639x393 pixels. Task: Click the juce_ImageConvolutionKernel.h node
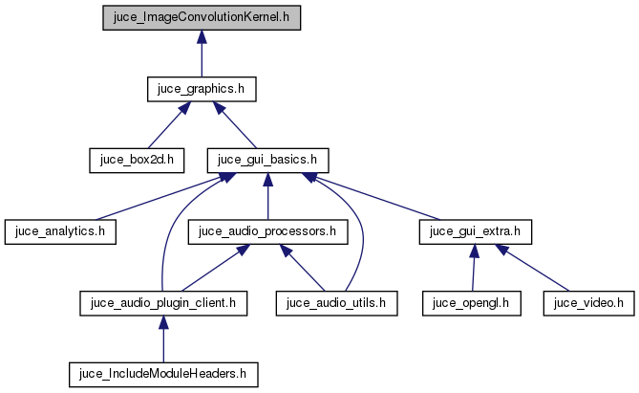click(201, 18)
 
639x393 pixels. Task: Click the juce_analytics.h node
click(60, 230)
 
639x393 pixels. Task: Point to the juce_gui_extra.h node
click(475, 230)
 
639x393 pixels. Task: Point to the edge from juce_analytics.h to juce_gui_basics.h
click(158, 197)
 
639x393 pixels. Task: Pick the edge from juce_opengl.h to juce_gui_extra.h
click(473, 268)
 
